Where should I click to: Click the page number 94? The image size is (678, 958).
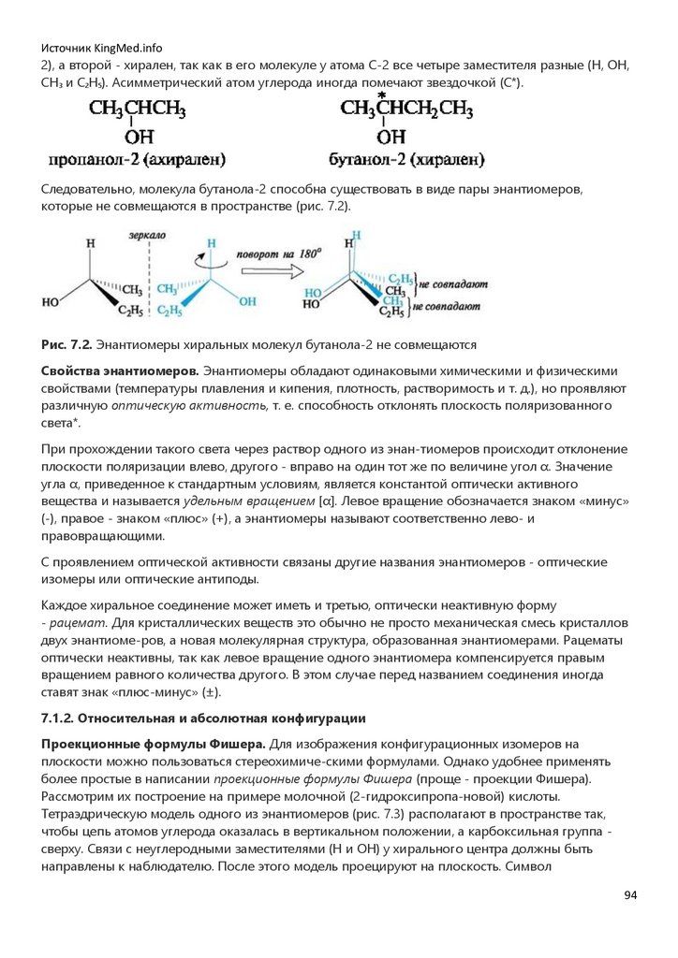pos(630,896)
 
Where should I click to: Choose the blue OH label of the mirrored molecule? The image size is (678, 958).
pos(247,301)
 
